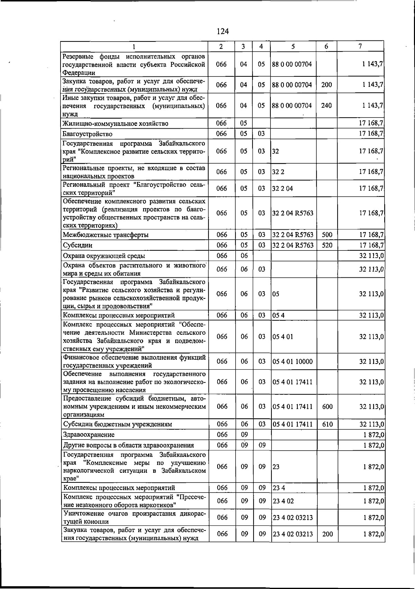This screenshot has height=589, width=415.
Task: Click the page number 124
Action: [x=223, y=31]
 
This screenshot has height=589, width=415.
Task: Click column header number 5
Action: [x=293, y=46]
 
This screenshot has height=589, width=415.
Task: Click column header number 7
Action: [x=360, y=46]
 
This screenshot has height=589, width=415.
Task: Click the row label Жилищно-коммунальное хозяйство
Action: [x=115, y=123]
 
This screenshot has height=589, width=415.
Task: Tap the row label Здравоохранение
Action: [x=89, y=435]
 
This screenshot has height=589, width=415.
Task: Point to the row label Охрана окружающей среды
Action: [x=104, y=256]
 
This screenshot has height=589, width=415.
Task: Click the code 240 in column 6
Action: [x=326, y=105]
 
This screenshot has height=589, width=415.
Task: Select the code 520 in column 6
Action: [x=327, y=245]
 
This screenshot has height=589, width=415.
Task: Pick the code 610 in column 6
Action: [x=327, y=424]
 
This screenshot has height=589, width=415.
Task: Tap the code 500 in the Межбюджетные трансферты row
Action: [x=327, y=235]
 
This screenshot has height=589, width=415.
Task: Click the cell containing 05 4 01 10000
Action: [x=293, y=362]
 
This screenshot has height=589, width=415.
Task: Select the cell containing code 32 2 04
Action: [x=283, y=188]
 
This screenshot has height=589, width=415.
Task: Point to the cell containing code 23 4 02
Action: [x=283, y=501]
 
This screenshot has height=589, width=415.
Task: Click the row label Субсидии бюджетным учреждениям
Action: [x=117, y=424]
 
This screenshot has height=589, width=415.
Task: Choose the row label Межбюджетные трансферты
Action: [x=105, y=235]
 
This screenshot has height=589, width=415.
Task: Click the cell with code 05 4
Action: [x=278, y=315]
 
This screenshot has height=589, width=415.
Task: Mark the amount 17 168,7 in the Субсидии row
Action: [x=371, y=245]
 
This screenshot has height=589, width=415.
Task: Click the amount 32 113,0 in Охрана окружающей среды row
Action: [x=371, y=256]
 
